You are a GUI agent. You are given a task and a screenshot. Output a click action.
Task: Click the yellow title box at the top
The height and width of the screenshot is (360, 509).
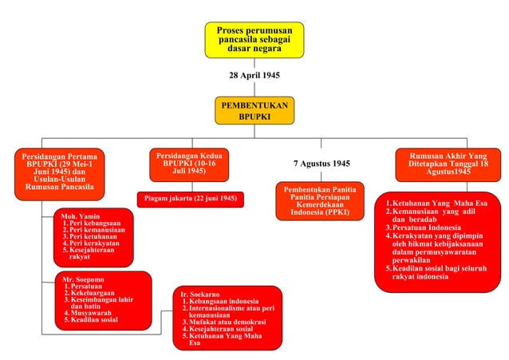(x=254, y=38)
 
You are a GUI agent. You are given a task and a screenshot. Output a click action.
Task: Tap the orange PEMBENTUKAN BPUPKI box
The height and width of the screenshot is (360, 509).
(x=254, y=111)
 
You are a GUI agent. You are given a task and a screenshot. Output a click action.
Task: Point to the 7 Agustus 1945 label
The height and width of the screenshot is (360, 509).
(x=322, y=164)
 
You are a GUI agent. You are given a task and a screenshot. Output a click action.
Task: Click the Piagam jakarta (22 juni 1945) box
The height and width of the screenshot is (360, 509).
(x=190, y=198)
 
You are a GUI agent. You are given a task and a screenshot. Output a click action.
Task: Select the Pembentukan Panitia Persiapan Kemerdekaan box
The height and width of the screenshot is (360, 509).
(x=320, y=200)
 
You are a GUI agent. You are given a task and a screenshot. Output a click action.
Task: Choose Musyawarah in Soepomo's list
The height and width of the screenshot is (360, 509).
(x=91, y=313)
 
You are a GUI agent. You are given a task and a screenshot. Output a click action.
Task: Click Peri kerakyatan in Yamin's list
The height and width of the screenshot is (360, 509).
(x=96, y=243)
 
